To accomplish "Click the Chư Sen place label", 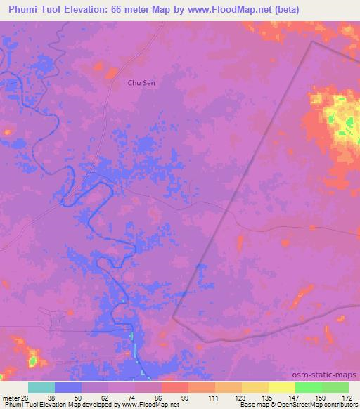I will (141, 83).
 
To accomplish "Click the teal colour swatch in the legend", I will (41, 387).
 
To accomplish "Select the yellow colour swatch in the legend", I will (281, 387).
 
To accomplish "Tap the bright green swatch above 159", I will (308, 387).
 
